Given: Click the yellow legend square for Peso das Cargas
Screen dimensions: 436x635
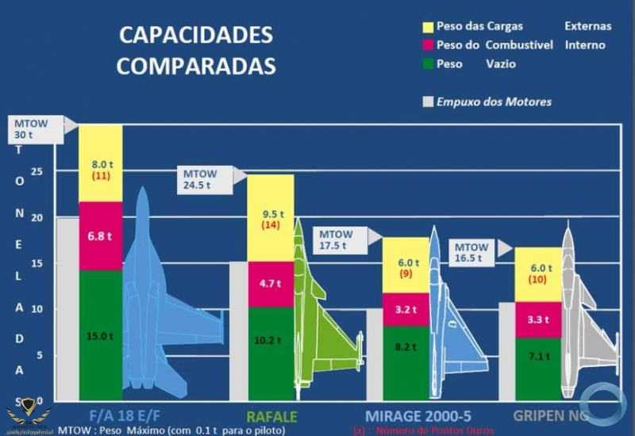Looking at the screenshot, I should coord(428,26).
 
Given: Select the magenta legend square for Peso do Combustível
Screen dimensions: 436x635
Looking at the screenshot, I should coord(428,45).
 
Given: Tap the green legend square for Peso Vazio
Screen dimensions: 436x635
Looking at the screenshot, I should coord(428,64).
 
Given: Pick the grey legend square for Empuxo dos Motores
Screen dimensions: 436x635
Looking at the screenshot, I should coord(428,101).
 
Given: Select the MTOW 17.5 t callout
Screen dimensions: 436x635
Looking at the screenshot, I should coord(341,239).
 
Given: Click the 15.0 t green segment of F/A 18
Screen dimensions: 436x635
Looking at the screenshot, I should coord(101,335).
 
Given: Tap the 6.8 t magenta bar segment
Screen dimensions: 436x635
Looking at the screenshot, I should coord(101,236).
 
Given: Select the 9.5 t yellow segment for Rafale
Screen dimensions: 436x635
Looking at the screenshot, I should coord(271,218).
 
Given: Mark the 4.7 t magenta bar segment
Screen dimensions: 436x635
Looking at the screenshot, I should coord(271,284).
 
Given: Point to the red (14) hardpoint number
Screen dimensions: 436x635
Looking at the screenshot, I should coord(271,225).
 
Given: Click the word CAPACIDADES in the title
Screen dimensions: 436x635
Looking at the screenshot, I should coord(195,36).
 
